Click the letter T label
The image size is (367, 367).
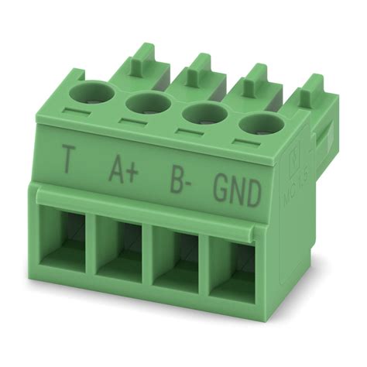(x=69, y=162)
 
